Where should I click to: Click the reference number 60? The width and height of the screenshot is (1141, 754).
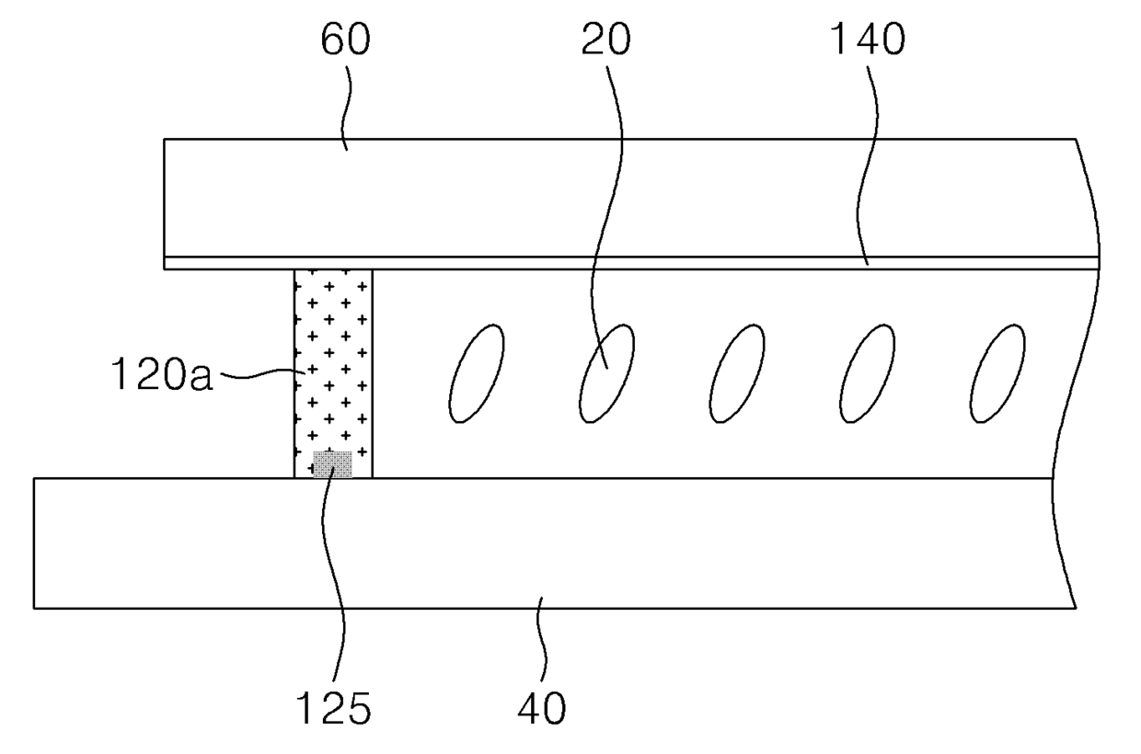[x=346, y=41]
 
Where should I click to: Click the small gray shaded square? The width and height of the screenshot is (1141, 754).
[x=332, y=464]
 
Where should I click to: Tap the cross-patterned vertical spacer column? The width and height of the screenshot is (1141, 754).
[x=333, y=368]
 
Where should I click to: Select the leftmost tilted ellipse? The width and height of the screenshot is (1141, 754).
[x=476, y=372]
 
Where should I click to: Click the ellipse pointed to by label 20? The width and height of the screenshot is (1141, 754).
[x=606, y=372]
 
